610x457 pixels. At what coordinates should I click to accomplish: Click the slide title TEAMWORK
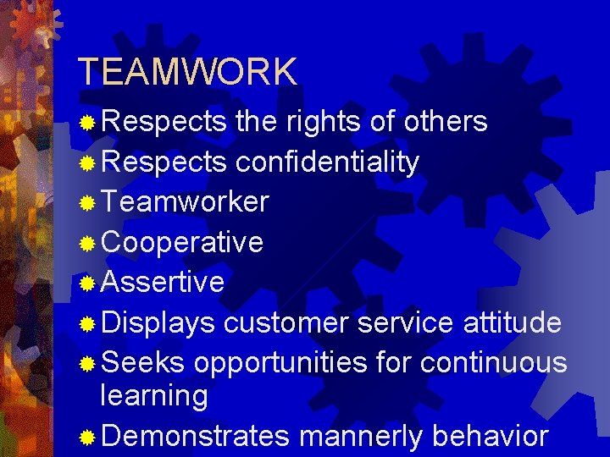(x=187, y=72)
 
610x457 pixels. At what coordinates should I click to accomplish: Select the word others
(x=446, y=122)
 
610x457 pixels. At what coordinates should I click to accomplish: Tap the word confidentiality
(x=327, y=162)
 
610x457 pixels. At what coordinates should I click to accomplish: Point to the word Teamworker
(x=185, y=202)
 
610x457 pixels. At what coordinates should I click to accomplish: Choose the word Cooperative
(x=182, y=243)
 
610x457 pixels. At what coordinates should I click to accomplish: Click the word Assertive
(x=163, y=282)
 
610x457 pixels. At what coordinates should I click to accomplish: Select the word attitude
(x=513, y=322)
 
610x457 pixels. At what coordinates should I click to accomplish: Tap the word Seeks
(x=142, y=362)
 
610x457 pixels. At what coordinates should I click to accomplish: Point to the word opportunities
(x=280, y=363)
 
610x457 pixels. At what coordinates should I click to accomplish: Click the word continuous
(x=493, y=362)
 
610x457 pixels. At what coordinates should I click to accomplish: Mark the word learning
(x=154, y=396)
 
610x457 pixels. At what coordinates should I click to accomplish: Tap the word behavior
(x=491, y=436)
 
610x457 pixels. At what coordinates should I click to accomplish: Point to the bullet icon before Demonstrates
(x=86, y=438)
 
